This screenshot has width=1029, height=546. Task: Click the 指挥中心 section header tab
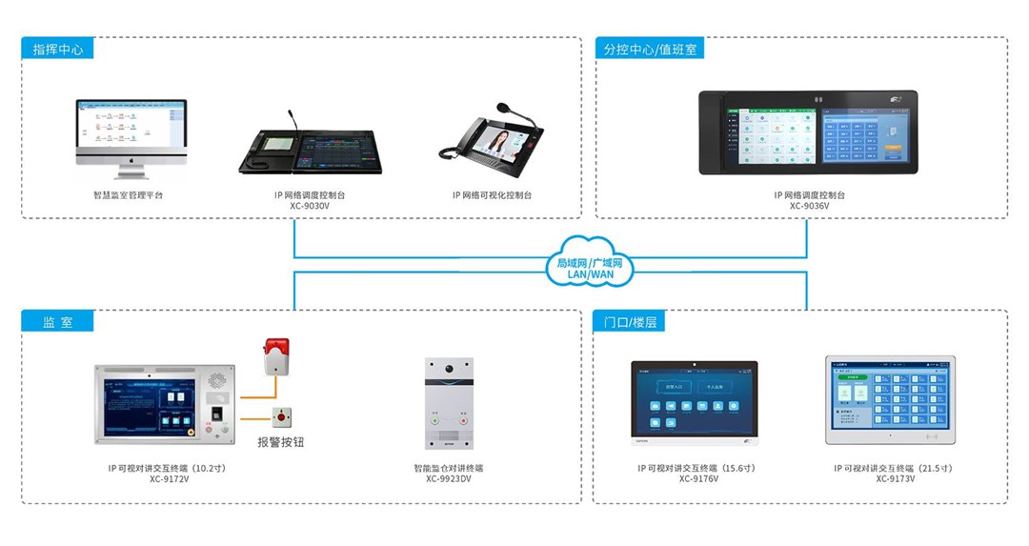57,50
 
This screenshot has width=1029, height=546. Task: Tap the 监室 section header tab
57,322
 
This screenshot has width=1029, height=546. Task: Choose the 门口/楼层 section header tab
630,322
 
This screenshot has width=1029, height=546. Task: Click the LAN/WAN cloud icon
591,262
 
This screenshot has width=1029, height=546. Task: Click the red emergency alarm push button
281,416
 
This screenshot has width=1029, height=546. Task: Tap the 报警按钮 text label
281,442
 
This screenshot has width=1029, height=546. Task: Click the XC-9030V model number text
310,206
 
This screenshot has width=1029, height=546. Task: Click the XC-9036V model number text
809,206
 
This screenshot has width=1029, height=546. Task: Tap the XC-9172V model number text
169,479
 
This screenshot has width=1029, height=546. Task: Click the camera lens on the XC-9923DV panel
448,367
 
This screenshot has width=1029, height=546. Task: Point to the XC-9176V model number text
698,479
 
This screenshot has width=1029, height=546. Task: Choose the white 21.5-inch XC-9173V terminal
889,400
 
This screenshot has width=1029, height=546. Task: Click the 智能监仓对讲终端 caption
448,468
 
